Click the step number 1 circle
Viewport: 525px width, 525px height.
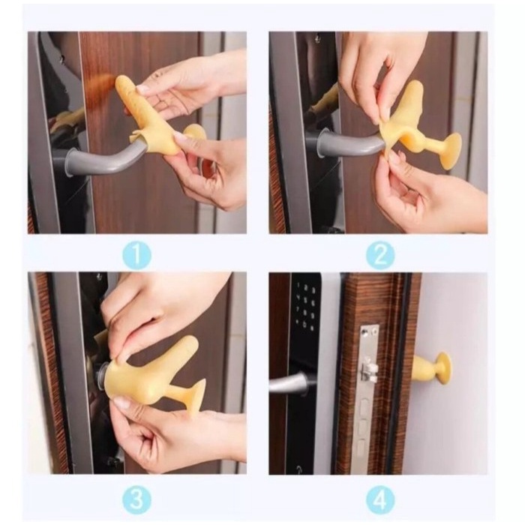coord(136,255)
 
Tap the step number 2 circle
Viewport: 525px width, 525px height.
coord(379,255)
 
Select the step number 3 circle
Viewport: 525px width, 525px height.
coord(136,499)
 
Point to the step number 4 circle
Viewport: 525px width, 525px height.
coord(379,499)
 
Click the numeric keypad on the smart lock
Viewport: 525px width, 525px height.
coord(305,307)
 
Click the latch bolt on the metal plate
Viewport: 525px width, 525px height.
coord(368,370)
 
